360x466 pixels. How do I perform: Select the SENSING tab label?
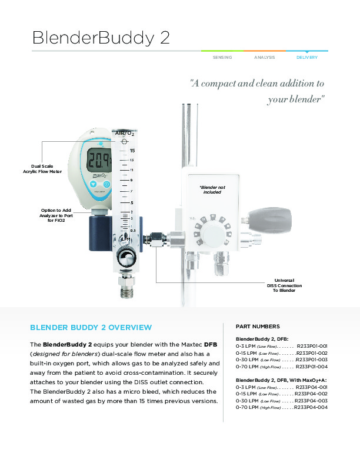click(222, 58)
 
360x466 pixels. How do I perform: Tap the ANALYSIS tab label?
click(265, 58)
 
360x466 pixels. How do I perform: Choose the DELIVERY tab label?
click(307, 58)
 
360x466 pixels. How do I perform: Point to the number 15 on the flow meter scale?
click(132, 151)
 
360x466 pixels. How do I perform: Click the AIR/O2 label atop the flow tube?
click(125, 135)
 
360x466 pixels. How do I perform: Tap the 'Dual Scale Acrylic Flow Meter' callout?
click(42, 168)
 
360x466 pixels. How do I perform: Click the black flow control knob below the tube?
click(125, 257)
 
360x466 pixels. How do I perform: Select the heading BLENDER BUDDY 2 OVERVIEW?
click(91, 327)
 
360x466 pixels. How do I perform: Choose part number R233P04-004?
click(311, 407)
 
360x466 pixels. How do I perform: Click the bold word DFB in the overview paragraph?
click(211, 344)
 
